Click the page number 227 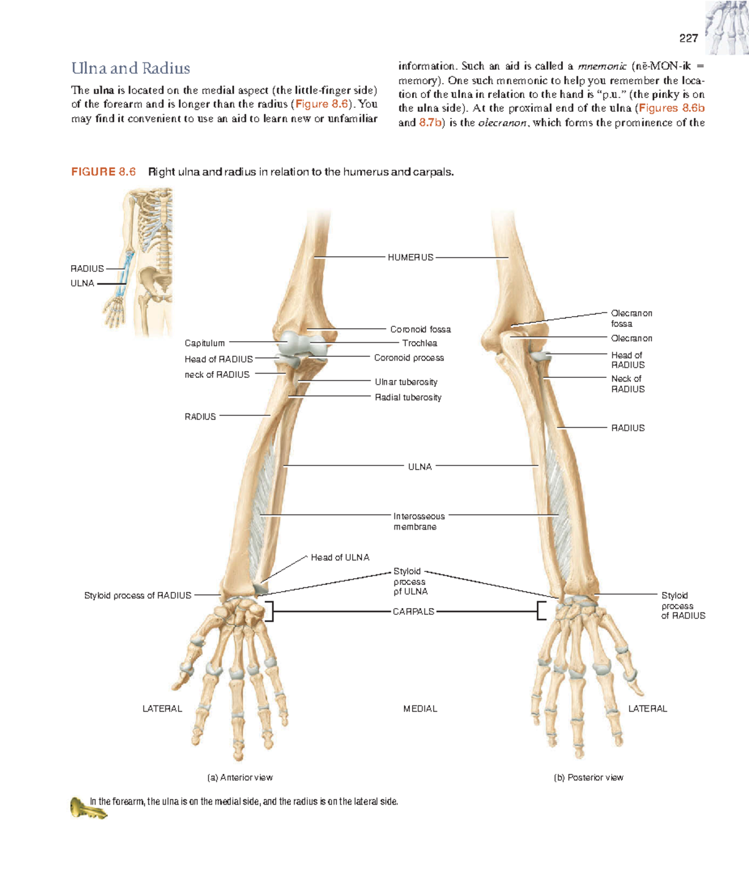(x=688, y=39)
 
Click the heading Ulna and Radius (x=130, y=68)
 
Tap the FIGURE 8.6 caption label (x=103, y=172)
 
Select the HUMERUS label (x=410, y=257)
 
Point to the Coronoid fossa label (x=421, y=329)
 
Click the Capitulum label (x=205, y=343)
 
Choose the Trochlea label (x=419, y=343)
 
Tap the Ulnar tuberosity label (x=406, y=382)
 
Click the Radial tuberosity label (x=408, y=397)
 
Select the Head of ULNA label (x=340, y=558)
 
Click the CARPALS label (x=413, y=611)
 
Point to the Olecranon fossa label (x=632, y=319)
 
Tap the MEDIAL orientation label (x=420, y=708)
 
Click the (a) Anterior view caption (x=240, y=777)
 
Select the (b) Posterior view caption (x=589, y=777)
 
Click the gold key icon (x=88, y=808)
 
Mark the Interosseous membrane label (x=419, y=521)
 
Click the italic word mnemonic (x=602, y=66)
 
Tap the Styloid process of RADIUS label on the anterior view (x=137, y=595)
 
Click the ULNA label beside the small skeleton (x=82, y=283)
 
